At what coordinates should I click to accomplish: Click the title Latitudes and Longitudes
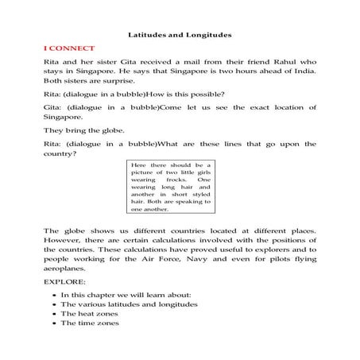pos(180,36)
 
